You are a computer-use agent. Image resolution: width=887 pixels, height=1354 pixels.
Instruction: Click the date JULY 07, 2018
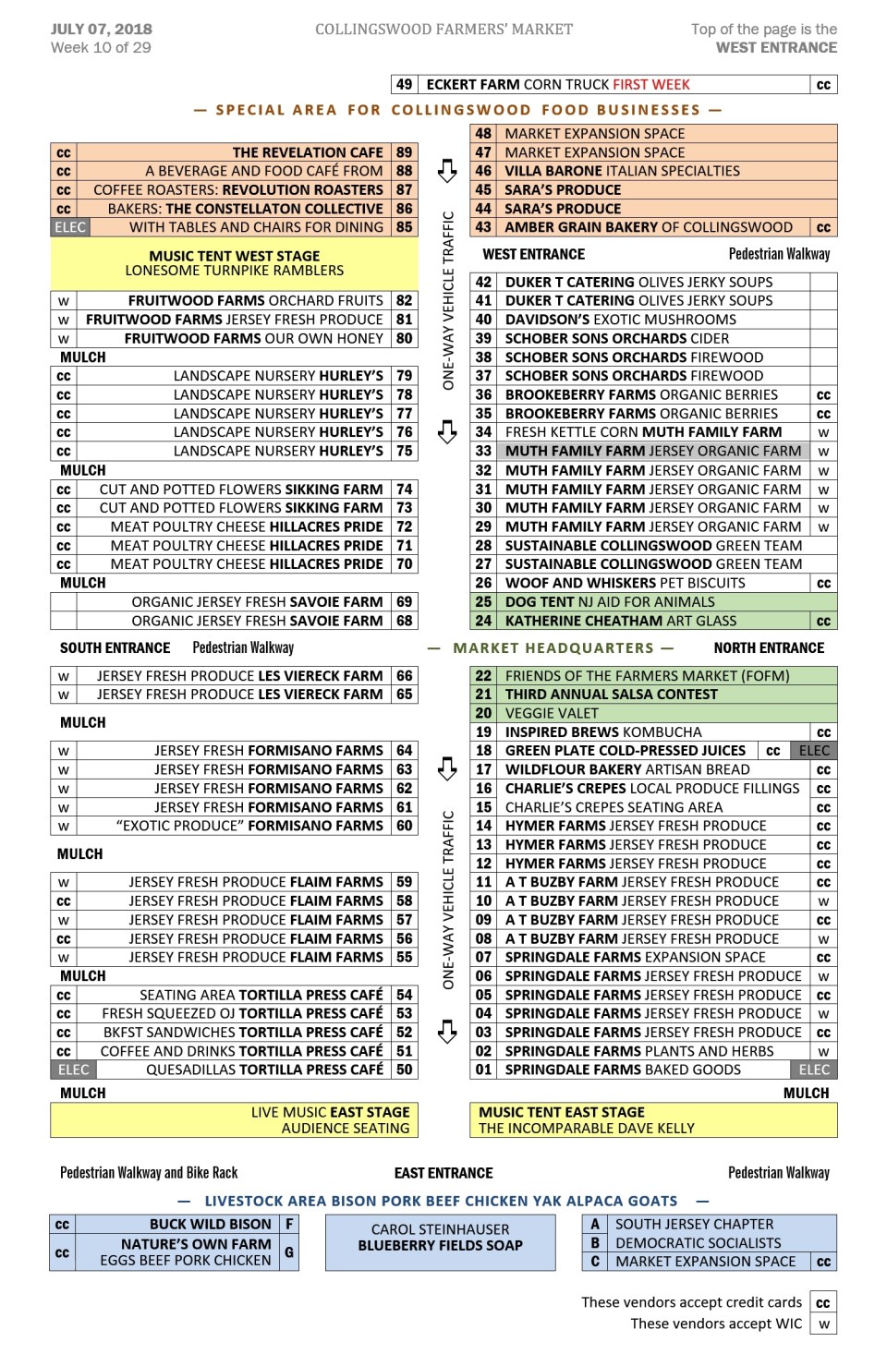tap(102, 29)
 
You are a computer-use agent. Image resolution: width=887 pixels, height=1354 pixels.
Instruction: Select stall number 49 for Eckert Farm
tap(404, 85)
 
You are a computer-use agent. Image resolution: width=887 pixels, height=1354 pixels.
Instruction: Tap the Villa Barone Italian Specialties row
tap(622, 171)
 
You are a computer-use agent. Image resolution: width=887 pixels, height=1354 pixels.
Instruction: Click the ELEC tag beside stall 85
tap(70, 227)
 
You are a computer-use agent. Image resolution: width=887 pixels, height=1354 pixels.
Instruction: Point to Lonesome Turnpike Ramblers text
tap(235, 271)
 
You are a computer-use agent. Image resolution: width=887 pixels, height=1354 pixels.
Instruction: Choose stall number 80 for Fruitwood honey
tap(404, 339)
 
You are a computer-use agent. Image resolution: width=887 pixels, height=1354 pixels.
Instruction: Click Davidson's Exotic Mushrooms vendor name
tap(620, 320)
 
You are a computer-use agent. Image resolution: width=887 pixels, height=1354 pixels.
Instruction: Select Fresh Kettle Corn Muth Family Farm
tap(643, 432)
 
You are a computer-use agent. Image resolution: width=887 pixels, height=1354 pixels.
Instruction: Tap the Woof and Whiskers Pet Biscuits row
tap(625, 583)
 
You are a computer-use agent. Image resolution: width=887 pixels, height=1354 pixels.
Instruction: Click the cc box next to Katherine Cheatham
tap(823, 621)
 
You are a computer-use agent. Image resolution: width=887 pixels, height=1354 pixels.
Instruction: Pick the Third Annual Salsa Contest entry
tap(611, 695)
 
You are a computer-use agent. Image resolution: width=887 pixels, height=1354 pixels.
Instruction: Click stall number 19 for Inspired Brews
tap(483, 732)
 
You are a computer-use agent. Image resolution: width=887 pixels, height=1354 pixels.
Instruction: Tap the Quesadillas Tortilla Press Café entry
tap(264, 1070)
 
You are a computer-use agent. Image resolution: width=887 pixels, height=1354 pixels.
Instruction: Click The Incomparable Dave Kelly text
tap(586, 1128)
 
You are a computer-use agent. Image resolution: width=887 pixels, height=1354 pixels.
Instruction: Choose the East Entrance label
tap(443, 1173)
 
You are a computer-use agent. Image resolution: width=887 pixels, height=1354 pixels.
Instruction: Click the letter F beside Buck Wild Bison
tap(289, 1224)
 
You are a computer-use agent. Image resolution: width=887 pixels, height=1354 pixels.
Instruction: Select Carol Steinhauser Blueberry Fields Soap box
tap(441, 1238)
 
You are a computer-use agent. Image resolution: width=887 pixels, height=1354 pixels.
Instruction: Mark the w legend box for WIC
tap(823, 1324)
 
